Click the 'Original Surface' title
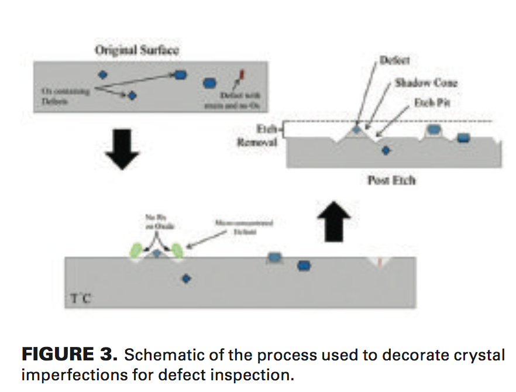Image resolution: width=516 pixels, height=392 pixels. pos(136,50)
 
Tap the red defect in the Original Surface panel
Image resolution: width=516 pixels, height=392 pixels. pos(240,74)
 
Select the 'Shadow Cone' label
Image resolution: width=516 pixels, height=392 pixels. pos(425,82)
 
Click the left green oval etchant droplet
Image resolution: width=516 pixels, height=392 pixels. pos(136,251)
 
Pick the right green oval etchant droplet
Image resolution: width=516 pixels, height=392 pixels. pos(177,251)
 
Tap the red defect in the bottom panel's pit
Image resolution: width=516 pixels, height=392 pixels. pos(380,262)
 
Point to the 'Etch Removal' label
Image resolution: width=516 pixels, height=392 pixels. pos(257,136)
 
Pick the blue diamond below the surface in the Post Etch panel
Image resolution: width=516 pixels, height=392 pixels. pos(385,151)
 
